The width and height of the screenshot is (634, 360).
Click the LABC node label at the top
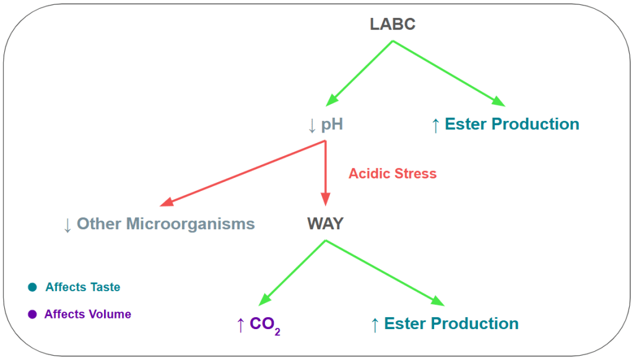pos(393,24)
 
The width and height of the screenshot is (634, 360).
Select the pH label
pos(332,125)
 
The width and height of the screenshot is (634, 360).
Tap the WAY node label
pos(325,224)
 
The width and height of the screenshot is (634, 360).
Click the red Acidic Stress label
pos(393,173)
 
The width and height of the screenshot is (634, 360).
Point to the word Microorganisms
pos(191,224)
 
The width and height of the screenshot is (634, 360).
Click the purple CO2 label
pos(264,324)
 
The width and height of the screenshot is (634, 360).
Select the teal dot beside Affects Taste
pos(32,288)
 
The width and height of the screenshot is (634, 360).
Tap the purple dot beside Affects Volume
pos(32,314)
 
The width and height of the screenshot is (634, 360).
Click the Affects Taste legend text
pos(83,288)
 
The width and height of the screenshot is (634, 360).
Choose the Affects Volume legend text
pos(88,314)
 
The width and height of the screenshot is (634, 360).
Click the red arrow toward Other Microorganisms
pos(241,173)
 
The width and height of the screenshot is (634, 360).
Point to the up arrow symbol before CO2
pos(240,324)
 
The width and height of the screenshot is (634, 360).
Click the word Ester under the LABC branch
pos(466,124)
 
